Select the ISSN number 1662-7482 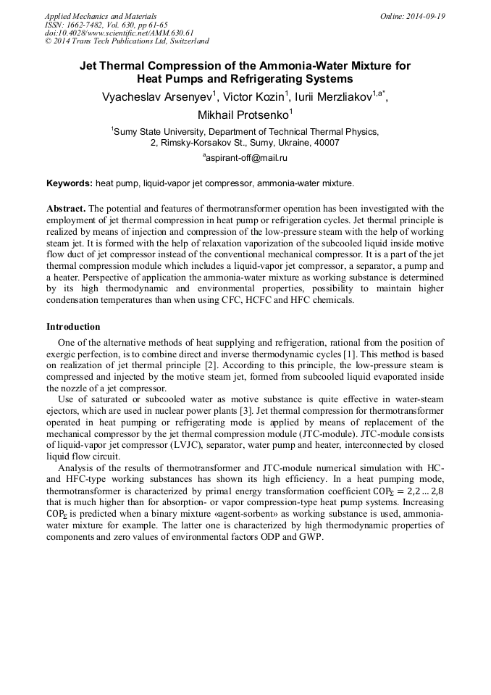pyautogui.click(x=88, y=25)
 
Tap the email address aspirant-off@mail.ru pyautogui.click(x=247, y=157)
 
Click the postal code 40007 pyautogui.click(x=324, y=143)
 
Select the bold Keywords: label pyautogui.click(x=69, y=183)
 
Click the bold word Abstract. pyautogui.click(x=66, y=207)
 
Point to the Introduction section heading pyautogui.click(x=73, y=327)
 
